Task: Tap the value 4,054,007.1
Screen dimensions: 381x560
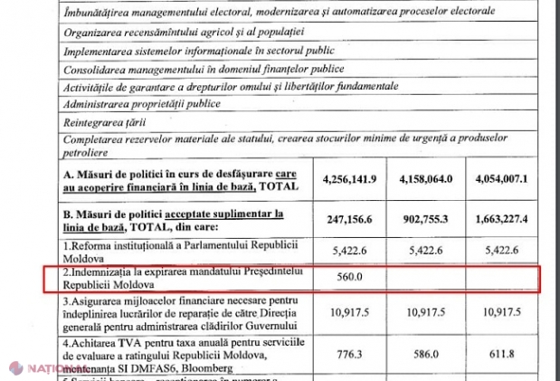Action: point(511,179)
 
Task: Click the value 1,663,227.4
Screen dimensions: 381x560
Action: point(511,220)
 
